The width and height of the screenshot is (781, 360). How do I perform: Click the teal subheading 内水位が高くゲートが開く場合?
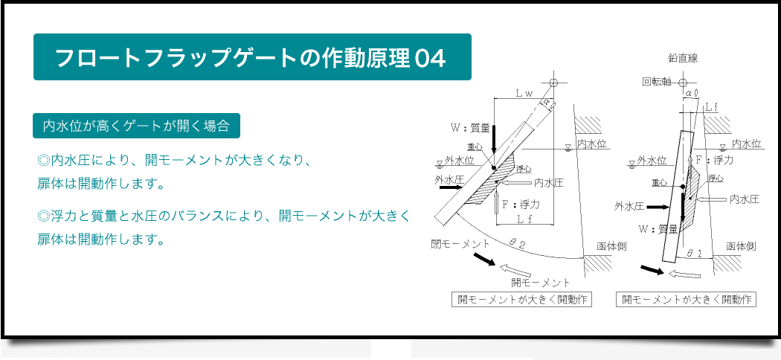click(136, 126)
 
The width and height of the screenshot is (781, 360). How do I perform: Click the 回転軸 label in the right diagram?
click(658, 82)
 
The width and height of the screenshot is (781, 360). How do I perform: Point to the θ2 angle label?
click(517, 243)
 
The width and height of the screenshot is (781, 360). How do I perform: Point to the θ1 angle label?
click(694, 253)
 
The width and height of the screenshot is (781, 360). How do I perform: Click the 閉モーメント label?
click(460, 244)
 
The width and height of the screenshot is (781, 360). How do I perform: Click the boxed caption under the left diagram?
click(521, 300)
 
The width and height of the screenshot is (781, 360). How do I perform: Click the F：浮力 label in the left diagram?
click(521, 204)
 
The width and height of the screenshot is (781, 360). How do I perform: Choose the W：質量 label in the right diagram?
click(658, 229)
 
